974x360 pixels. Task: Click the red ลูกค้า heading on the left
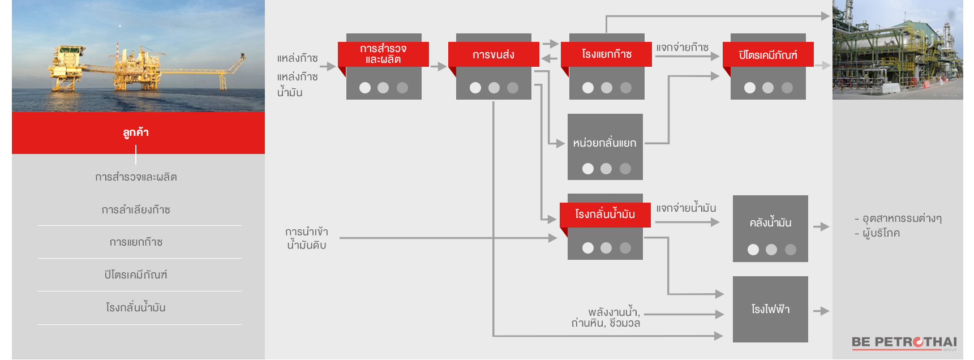click(136, 132)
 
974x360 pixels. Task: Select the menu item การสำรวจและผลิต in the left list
click(136, 177)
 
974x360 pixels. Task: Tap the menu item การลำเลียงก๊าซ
click(136, 210)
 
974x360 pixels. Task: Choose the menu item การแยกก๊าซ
click(136, 242)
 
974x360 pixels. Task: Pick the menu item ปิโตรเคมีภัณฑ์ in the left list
click(136, 275)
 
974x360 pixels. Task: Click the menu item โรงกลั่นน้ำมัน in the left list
click(136, 308)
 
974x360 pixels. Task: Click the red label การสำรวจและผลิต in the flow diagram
click(383, 54)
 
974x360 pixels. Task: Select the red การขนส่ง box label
click(493, 54)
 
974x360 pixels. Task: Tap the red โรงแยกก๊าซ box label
click(606, 54)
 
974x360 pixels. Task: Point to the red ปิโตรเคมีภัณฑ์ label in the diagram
click(768, 55)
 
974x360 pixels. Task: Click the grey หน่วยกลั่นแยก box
click(605, 146)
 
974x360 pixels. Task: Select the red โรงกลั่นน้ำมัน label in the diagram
click(605, 215)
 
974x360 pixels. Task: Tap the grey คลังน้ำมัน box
click(770, 228)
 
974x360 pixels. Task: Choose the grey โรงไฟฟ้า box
click(770, 309)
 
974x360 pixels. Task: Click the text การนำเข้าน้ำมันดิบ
click(307, 238)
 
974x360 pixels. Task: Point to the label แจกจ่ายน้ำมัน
click(686, 208)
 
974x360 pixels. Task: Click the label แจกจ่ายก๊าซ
click(683, 48)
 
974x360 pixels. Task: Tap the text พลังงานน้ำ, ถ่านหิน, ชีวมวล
click(606, 318)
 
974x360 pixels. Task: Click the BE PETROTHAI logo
click(904, 342)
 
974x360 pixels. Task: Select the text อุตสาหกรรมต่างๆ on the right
click(902, 218)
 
